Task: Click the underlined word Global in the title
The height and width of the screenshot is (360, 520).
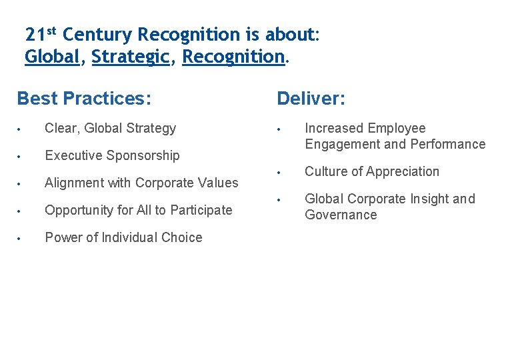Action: pos(52,57)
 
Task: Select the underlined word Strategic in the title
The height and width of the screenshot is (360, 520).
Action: pos(131,57)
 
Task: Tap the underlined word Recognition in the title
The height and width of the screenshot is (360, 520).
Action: pos(233,57)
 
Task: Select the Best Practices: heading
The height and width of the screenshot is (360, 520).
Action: pos(84,99)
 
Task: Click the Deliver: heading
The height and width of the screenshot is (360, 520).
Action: pos(311,99)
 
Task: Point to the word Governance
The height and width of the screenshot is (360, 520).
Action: pos(341,215)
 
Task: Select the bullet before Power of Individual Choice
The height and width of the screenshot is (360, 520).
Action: pos(21,238)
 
